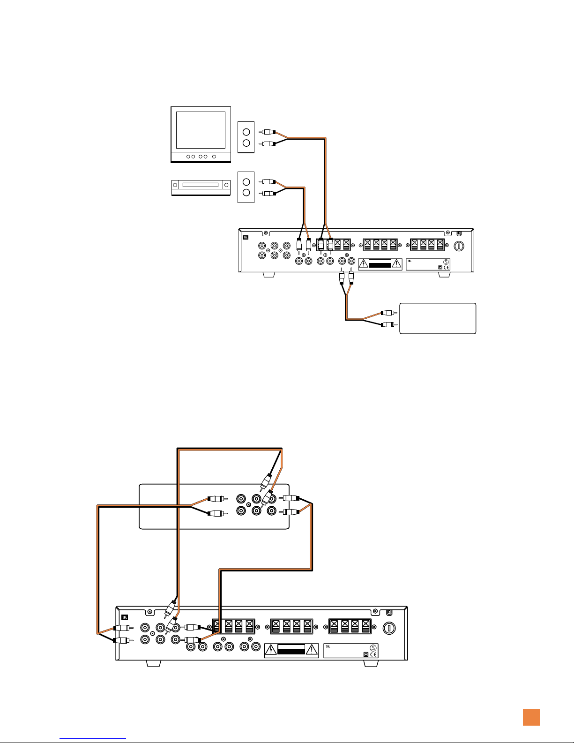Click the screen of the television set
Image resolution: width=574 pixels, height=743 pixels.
click(x=200, y=129)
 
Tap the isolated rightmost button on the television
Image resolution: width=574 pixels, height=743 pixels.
click(x=214, y=157)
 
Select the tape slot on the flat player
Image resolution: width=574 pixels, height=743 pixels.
click(x=200, y=185)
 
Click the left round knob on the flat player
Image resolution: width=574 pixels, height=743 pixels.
click(x=175, y=185)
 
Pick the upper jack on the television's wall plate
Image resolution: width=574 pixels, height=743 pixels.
click(x=246, y=132)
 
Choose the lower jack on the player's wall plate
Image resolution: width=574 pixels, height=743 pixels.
click(x=246, y=193)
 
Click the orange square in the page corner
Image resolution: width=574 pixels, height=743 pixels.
click(x=531, y=717)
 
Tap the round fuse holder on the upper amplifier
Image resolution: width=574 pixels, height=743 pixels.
click(x=460, y=246)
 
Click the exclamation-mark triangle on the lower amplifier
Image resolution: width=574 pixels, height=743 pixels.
click(x=311, y=650)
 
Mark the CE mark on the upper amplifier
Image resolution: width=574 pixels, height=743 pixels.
click(x=447, y=268)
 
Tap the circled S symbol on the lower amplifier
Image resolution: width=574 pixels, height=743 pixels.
click(x=373, y=647)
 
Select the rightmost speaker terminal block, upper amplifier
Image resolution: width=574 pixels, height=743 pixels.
click(x=427, y=244)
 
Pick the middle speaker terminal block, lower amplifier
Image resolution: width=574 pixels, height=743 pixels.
click(x=291, y=626)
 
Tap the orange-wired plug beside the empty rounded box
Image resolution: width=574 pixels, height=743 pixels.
click(x=389, y=313)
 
